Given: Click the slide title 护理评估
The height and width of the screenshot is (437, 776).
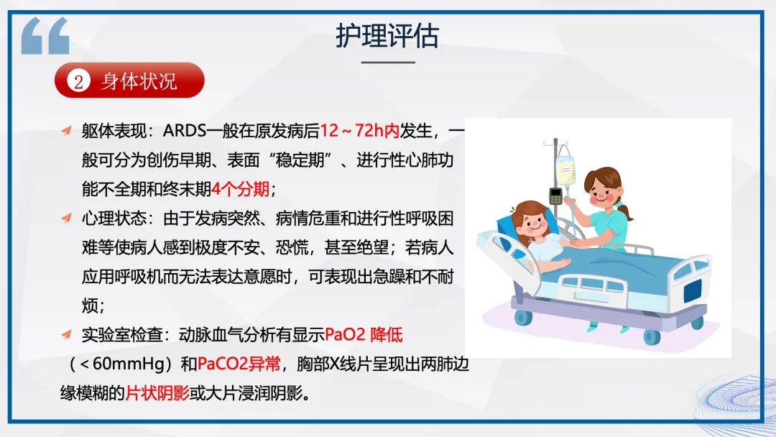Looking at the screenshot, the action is tap(387, 36).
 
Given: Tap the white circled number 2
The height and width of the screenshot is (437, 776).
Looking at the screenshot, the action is tap(78, 80).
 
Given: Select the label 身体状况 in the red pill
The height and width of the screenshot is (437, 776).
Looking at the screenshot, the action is tap(139, 81).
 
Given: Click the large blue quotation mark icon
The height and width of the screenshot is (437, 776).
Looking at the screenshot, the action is tap(45, 35).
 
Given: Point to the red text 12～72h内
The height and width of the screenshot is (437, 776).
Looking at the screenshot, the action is tap(360, 131).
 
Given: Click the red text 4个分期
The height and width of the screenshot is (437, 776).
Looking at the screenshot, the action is tap(241, 189).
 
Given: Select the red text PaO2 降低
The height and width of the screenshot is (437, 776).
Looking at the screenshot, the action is tap(364, 335).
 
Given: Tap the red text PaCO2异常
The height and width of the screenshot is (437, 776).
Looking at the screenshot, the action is tap(239, 364).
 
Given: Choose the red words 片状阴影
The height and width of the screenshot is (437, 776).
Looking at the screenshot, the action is tap(157, 393).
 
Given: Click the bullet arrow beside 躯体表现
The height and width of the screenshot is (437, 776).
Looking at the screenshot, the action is tap(66, 130).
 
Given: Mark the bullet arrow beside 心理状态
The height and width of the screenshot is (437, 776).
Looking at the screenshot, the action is tap(66, 218).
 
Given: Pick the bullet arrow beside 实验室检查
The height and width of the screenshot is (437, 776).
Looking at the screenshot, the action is tap(66, 334).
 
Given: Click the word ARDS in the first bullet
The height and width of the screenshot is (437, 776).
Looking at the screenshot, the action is tap(185, 131).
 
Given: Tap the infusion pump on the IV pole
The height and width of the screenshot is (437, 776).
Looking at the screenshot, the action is tap(555, 196).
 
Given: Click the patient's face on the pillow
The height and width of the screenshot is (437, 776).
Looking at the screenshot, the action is tap(533, 224).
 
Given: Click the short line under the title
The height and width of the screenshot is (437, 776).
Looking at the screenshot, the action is tap(388, 63).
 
